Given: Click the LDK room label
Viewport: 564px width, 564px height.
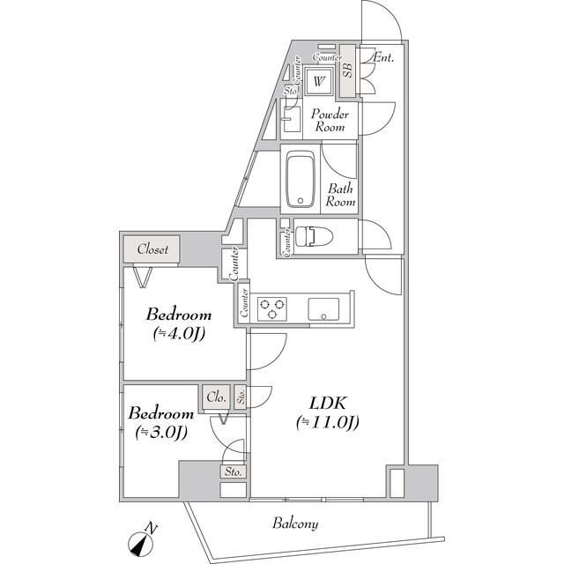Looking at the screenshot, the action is pos(328,404).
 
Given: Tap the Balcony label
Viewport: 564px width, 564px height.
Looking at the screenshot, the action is pos(295,523).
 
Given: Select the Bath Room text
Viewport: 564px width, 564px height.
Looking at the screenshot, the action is pos(341,196).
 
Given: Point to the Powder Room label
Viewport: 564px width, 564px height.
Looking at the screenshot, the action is pos(330,121).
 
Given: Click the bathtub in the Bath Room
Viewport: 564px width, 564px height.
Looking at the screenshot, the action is pos(301,179).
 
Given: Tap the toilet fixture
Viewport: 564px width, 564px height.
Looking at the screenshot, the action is pos(314,236).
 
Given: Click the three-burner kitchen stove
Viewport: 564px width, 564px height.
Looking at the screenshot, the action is pos(272,308).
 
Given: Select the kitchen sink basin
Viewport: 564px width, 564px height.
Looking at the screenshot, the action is pos(323,309).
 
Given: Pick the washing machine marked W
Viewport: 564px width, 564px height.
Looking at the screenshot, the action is pos(318,81).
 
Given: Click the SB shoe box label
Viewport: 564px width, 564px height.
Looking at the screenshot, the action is pos(348,70).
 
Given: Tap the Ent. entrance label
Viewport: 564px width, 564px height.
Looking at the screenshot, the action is pos(383,57).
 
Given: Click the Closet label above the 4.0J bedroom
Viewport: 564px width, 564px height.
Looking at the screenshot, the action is pos(152,249).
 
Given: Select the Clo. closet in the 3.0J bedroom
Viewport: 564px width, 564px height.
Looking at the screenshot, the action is pos(216,397).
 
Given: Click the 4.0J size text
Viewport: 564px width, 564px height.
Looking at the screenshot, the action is pos(179,333).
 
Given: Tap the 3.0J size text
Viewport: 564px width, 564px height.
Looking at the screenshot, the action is pos(161,433).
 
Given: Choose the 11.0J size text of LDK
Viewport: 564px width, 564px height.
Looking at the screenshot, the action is pos(328,421).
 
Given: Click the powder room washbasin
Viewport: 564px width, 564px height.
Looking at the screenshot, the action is pos(292,119).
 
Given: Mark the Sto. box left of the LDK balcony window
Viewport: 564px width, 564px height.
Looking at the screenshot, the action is pos(234,471).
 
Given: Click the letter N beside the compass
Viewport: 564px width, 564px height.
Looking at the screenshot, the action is pos(152,528).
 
